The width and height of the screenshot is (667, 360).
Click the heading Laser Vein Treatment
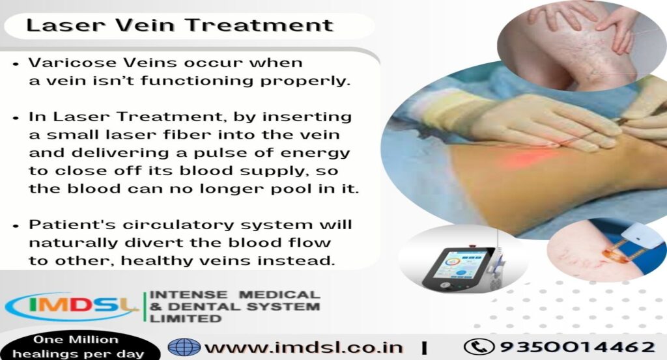(179, 26)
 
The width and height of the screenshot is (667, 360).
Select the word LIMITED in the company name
(185, 318)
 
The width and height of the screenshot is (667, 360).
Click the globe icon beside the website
(184, 346)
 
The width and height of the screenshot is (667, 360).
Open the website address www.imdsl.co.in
(304, 346)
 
